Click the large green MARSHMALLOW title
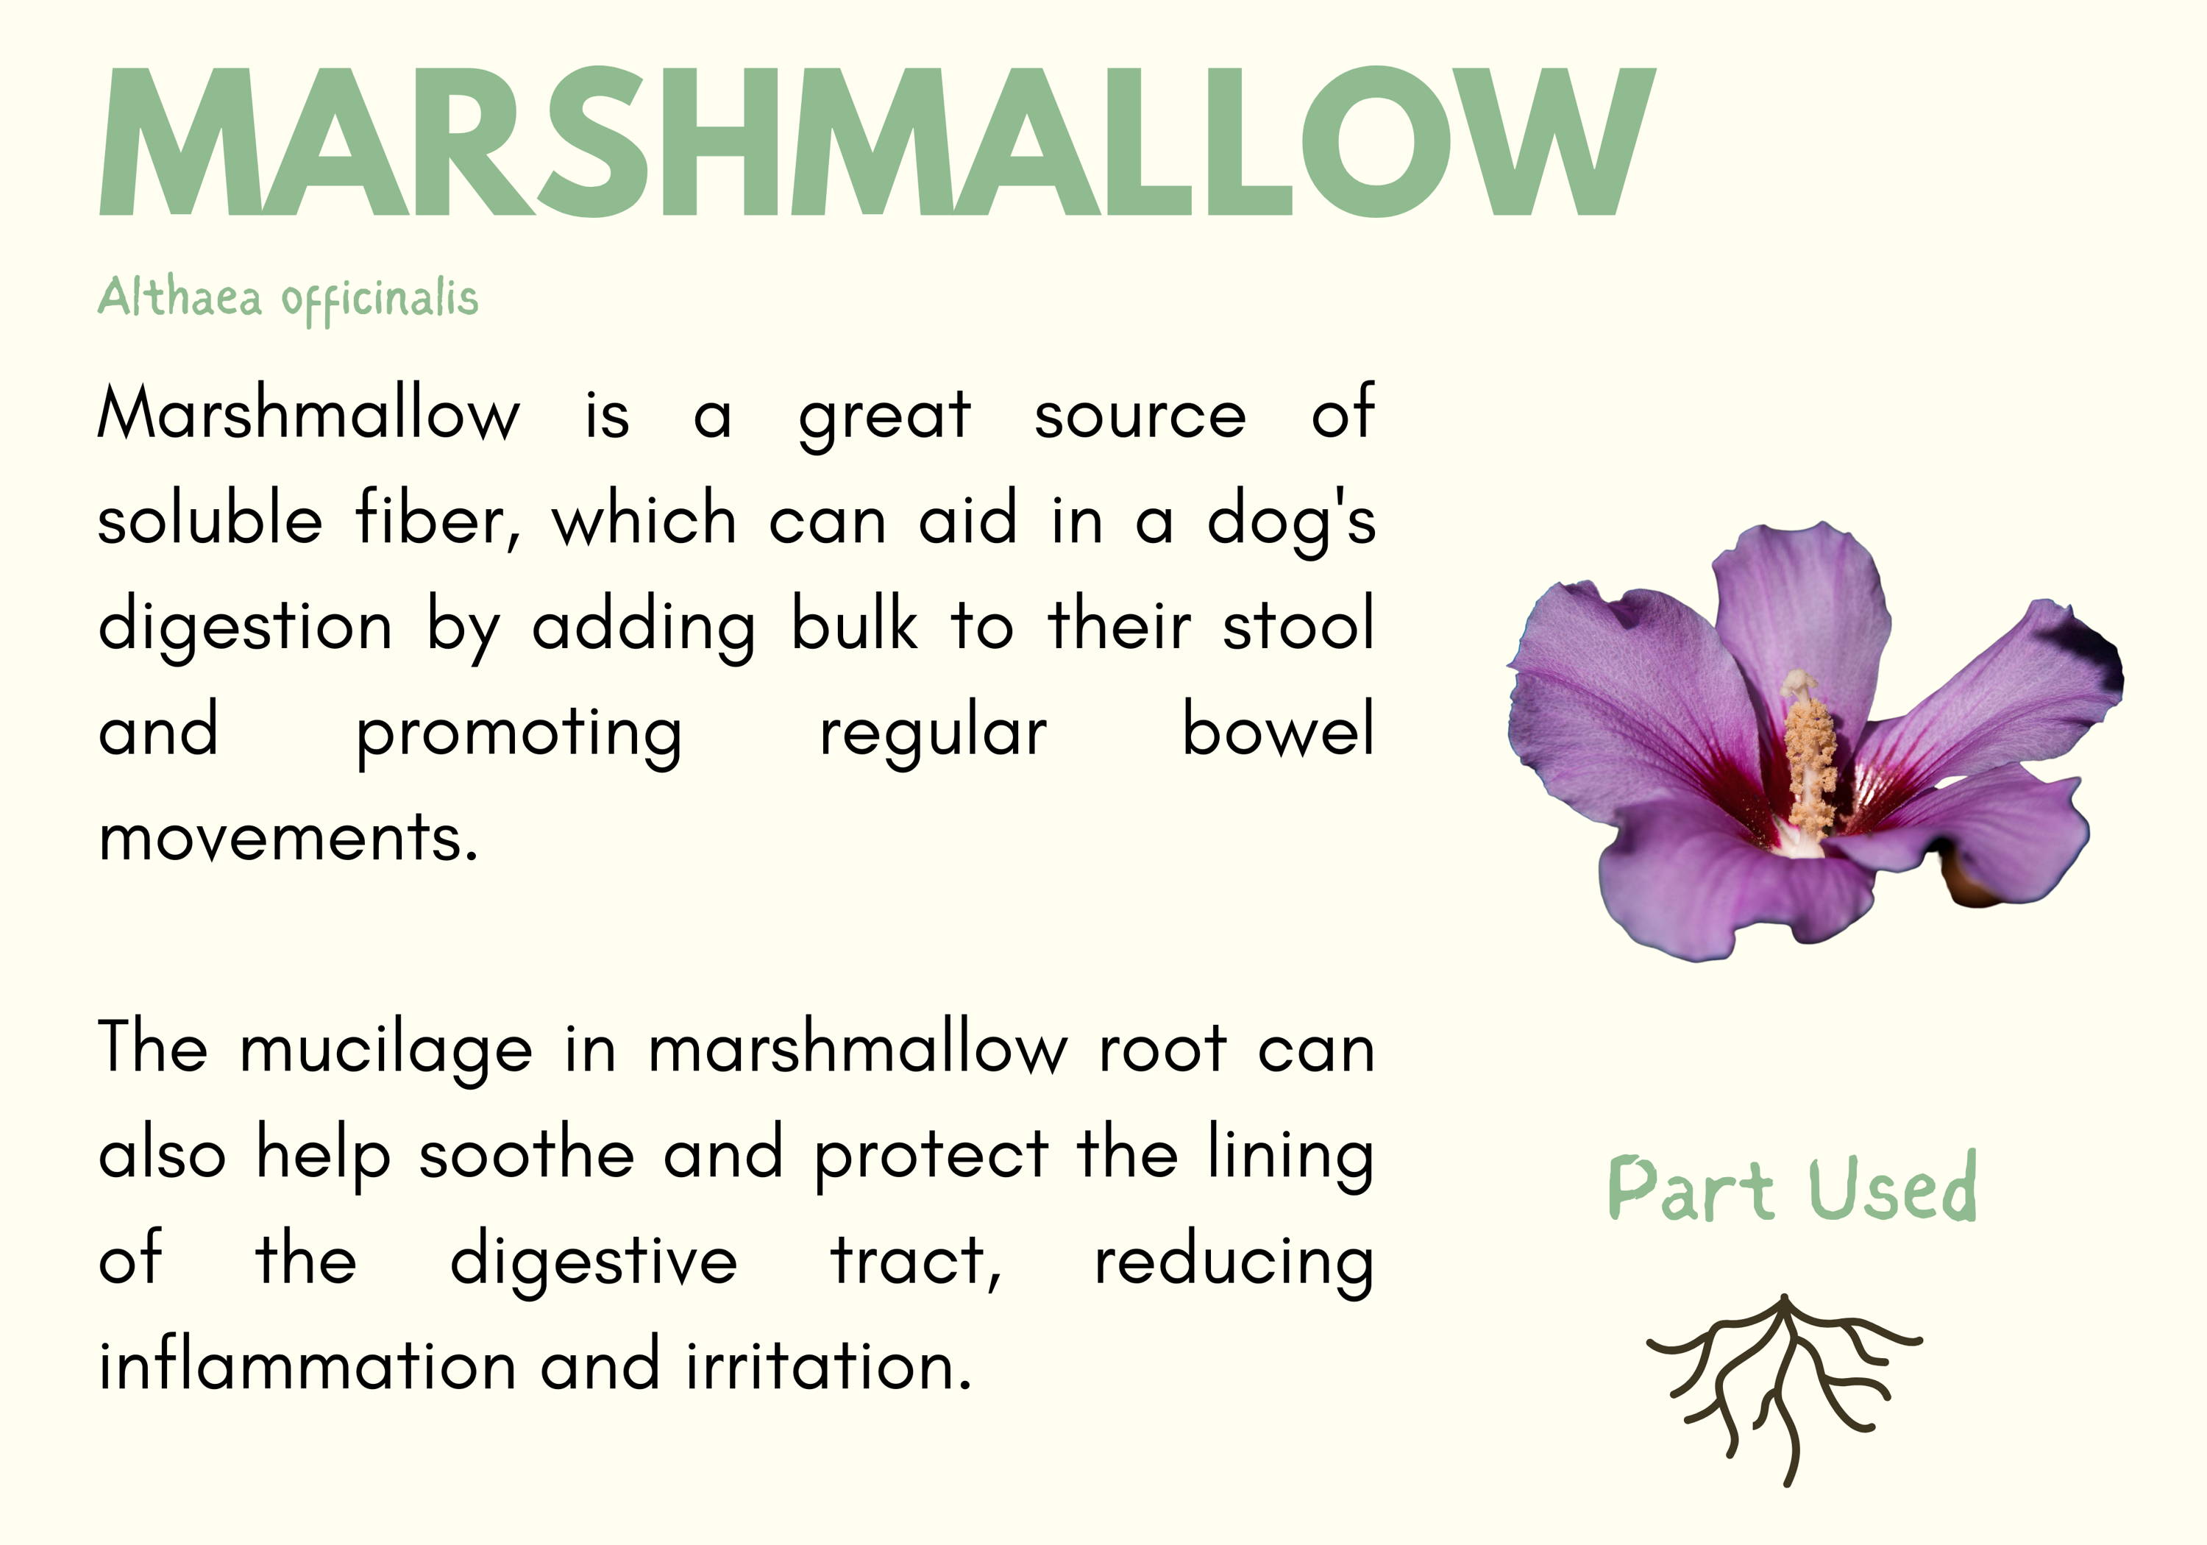pos(877,141)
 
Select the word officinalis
pos(380,300)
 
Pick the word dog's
pos(1291,521)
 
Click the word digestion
pos(245,627)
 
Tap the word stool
pos(1298,624)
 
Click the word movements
pos(288,837)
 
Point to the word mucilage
pos(385,1050)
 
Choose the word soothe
pos(526,1153)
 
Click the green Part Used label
pos(1792,1188)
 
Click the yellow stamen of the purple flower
pos(1809,755)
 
